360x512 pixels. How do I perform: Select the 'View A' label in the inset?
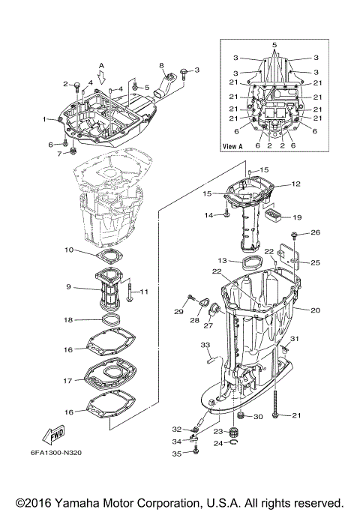tap(235, 146)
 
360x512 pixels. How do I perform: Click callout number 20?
tap(315, 310)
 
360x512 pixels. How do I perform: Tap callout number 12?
tap(295, 183)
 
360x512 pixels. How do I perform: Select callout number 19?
tap(296, 217)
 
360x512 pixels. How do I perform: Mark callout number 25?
tap(315, 262)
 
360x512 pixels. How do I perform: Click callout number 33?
tap(204, 345)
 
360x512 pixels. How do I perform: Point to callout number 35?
tap(177, 453)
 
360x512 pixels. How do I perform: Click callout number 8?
tap(160, 66)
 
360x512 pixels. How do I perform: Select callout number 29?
tap(179, 311)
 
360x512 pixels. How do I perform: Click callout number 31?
tap(295, 339)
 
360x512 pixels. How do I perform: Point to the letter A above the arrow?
tap(102, 65)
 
